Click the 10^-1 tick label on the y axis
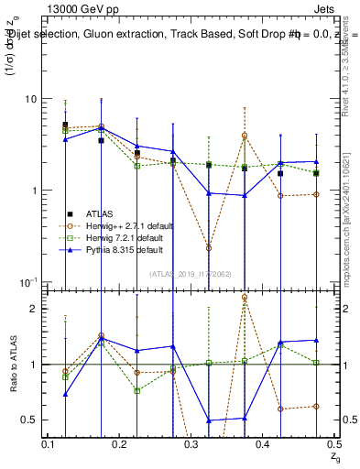pos(27,281)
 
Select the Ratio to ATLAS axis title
pos(12,364)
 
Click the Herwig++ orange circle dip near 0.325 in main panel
pos(209,248)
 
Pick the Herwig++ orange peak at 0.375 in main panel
pos(245,136)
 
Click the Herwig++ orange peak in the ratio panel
pos(245,298)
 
